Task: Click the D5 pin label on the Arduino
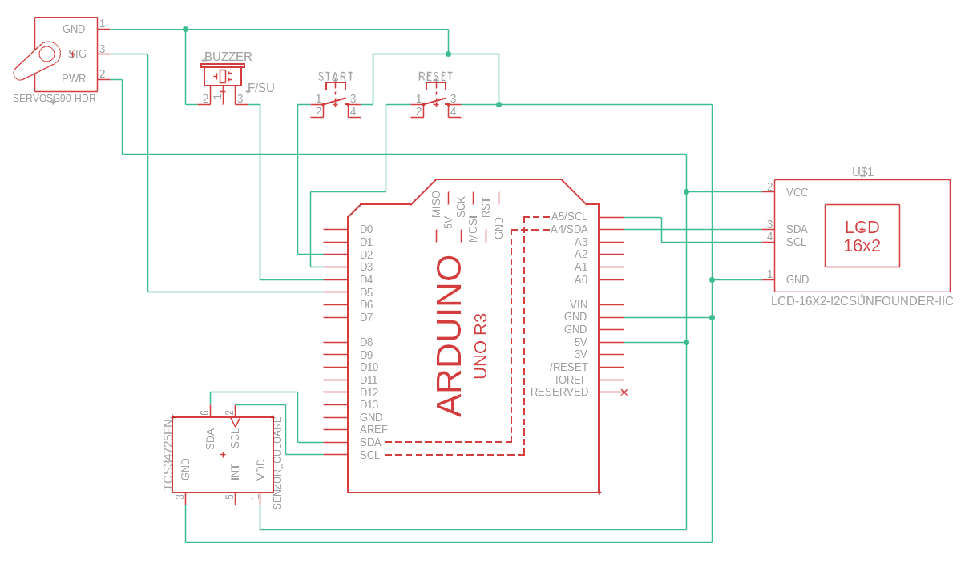click(x=366, y=292)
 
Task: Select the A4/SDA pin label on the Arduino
click(x=569, y=229)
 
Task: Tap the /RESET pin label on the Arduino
click(x=568, y=367)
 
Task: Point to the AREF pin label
click(x=373, y=429)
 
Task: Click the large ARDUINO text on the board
click(x=450, y=336)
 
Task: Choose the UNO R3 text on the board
click(x=481, y=346)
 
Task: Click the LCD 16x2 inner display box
click(x=862, y=235)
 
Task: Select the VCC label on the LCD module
click(x=797, y=192)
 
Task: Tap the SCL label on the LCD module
click(x=796, y=242)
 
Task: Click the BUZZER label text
click(x=228, y=57)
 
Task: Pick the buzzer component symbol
click(x=223, y=76)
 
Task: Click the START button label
click(x=335, y=77)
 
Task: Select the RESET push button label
click(x=435, y=77)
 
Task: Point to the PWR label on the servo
click(x=74, y=78)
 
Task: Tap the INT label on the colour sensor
click(x=235, y=472)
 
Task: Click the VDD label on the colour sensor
click(x=260, y=469)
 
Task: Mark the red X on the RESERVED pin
click(x=624, y=392)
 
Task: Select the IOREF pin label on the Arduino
click(x=571, y=380)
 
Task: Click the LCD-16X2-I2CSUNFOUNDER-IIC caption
click(x=862, y=301)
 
